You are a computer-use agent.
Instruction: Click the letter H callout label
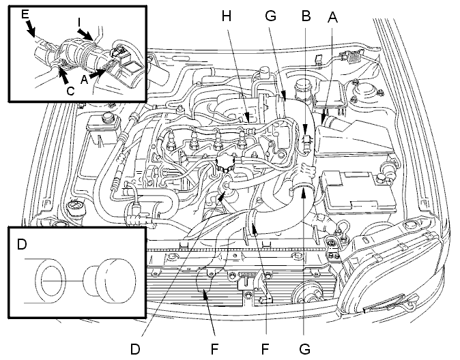(226, 16)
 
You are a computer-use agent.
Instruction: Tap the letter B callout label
(306, 16)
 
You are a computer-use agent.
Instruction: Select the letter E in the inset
(25, 14)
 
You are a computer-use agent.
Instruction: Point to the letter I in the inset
(79, 22)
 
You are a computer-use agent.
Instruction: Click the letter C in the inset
(70, 91)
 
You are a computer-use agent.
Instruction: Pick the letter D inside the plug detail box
(22, 244)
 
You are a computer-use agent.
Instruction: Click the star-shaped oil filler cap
(225, 162)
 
